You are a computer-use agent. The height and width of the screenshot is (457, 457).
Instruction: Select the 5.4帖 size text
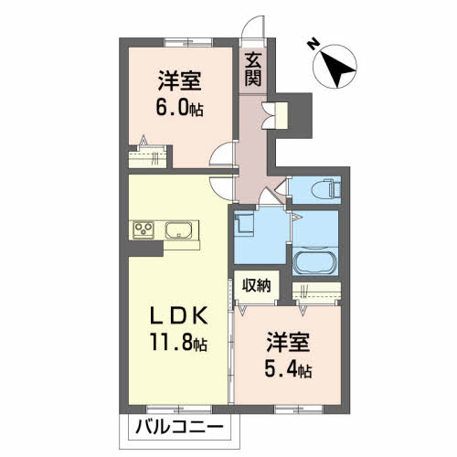click(288, 369)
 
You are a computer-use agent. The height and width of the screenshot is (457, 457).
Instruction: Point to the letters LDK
click(179, 315)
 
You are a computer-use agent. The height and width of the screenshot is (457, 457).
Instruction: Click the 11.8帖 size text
click(178, 342)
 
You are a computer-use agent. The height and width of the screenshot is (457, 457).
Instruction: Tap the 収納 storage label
click(257, 285)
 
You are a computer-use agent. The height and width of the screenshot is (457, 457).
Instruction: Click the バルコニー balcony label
click(179, 427)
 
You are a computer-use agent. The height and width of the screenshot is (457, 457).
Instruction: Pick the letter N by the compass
click(313, 45)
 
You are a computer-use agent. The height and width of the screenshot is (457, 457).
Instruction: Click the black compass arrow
click(337, 66)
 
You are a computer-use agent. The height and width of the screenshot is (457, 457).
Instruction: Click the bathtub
click(315, 260)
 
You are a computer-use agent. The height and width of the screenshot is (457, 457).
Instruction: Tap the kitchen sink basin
click(178, 230)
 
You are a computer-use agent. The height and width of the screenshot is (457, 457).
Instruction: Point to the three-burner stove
click(143, 229)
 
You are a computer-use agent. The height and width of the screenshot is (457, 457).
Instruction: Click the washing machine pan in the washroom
click(244, 225)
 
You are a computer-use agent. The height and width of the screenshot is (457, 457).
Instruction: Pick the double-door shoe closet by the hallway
click(275, 115)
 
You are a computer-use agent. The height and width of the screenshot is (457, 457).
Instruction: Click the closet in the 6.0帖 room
click(147, 156)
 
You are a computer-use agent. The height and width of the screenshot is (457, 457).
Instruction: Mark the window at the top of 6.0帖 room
click(188, 42)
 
